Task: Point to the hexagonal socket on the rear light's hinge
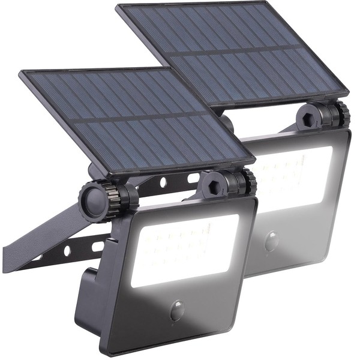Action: coord(310,115)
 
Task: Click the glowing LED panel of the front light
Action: coord(183,249)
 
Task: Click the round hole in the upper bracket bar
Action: coord(163,182)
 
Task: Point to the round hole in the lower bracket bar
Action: coord(68,250)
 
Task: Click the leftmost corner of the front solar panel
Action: coord(21,73)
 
